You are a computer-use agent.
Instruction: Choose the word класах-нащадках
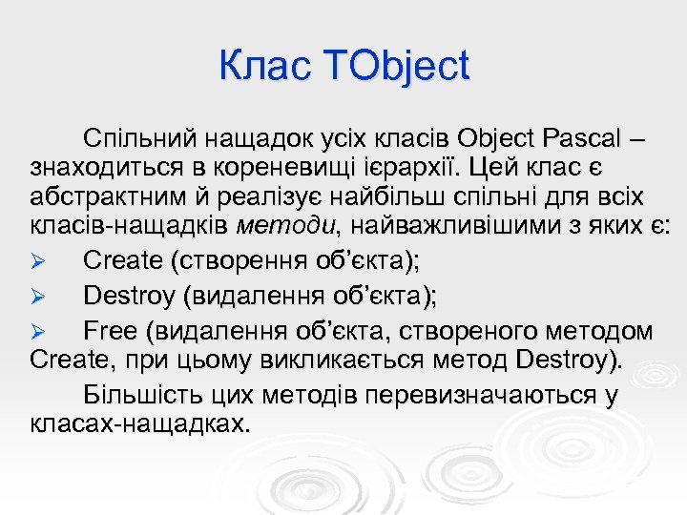coord(139,422)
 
